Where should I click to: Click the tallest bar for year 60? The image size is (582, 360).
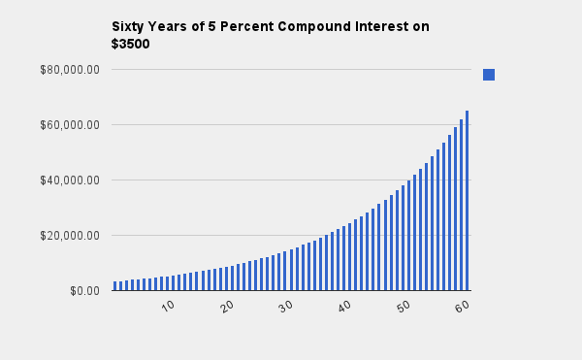pyautogui.click(x=467, y=201)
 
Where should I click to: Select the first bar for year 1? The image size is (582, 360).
pyautogui.click(x=115, y=286)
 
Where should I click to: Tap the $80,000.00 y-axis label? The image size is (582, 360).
pyautogui.click(x=70, y=70)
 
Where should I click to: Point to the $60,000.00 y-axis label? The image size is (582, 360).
pyautogui.click(x=70, y=125)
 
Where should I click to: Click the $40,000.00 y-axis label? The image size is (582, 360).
pyautogui.click(x=70, y=180)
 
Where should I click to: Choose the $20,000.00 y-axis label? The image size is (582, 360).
pyautogui.click(x=70, y=236)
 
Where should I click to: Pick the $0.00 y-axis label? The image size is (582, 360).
pyautogui.click(x=85, y=291)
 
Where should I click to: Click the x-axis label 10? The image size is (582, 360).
pyautogui.click(x=168, y=307)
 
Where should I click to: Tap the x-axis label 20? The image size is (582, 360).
pyautogui.click(x=227, y=307)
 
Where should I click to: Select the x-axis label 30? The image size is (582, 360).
pyautogui.click(x=286, y=307)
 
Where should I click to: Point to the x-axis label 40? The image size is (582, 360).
pyautogui.click(x=344, y=307)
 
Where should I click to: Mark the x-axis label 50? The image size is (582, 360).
pyautogui.click(x=404, y=307)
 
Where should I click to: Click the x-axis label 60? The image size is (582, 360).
pyautogui.click(x=463, y=307)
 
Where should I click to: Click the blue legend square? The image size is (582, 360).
pyautogui.click(x=489, y=75)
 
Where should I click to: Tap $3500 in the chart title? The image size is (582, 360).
pyautogui.click(x=130, y=44)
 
